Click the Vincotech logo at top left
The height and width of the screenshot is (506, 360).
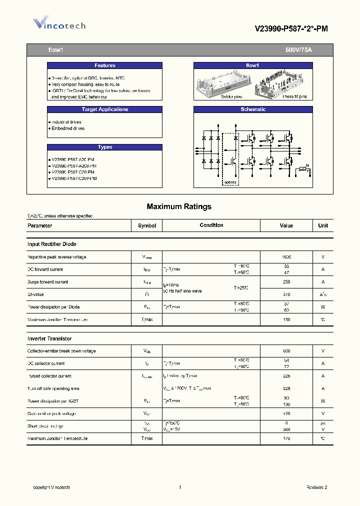coord(59,24)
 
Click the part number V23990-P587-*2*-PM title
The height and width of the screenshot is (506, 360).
coord(291,28)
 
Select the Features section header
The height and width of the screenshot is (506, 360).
coord(104,65)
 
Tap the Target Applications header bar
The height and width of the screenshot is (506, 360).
coord(104,109)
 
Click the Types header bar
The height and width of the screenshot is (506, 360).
coord(104,147)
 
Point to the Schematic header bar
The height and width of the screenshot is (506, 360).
coord(252,109)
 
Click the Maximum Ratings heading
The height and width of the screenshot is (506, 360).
coord(179,206)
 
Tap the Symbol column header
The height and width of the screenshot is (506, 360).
coord(147,225)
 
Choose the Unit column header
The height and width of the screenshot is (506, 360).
coord(323,225)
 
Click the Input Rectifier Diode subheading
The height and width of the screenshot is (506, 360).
coord(51,244)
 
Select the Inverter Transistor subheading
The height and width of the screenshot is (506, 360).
coord(49,338)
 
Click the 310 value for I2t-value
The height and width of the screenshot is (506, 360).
coord(286,294)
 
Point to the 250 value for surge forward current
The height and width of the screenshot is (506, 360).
coord(286,282)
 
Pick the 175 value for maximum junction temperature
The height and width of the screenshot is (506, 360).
coord(286,438)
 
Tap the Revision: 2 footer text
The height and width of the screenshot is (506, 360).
coord(316,487)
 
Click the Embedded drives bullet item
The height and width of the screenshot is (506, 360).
coord(68,128)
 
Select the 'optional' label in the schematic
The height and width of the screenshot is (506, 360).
coord(230,182)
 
